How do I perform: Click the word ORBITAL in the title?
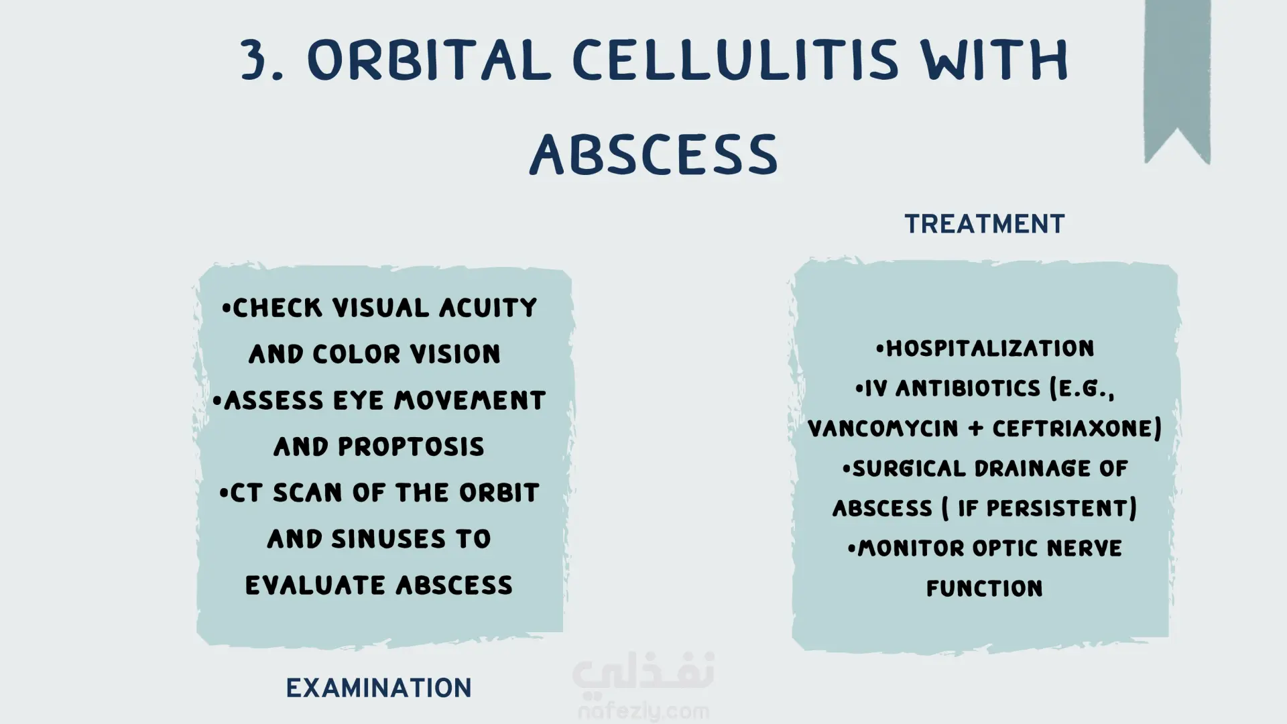[429, 60]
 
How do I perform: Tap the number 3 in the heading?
[257, 60]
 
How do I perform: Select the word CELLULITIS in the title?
[735, 60]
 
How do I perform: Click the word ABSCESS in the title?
[654, 154]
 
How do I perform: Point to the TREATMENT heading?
[985, 224]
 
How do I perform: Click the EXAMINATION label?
[379, 688]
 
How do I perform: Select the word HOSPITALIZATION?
[990, 349]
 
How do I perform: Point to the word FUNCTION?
[985, 589]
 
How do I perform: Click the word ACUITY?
[488, 308]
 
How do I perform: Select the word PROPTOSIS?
[411, 446]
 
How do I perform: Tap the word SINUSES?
[388, 539]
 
